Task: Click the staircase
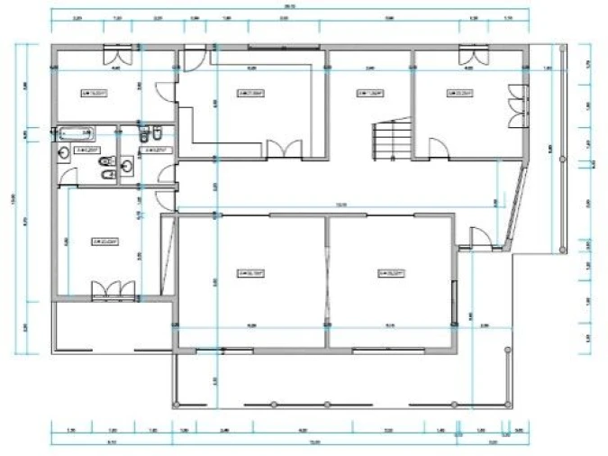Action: click(389, 140)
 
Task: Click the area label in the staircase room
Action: click(368, 91)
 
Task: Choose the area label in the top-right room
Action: click(460, 91)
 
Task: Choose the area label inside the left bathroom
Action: click(86, 150)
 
